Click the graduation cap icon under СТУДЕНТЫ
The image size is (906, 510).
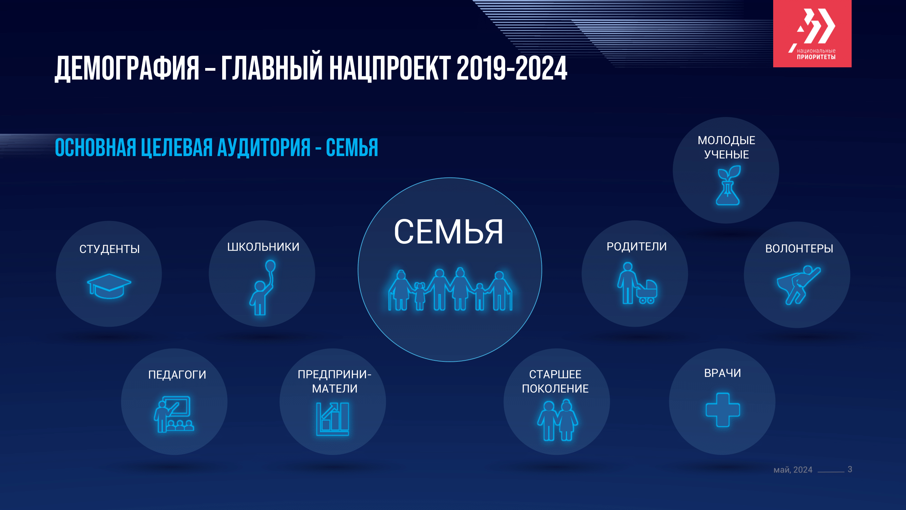109,286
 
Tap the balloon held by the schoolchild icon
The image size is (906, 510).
270,266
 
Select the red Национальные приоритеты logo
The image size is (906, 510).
812,33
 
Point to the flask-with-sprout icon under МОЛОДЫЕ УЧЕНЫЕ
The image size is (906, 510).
728,185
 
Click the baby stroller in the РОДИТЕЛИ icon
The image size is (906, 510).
647,291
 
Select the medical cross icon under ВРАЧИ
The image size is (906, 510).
723,410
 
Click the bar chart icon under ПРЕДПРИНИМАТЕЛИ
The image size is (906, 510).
332,419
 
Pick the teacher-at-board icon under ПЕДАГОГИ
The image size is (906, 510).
174,414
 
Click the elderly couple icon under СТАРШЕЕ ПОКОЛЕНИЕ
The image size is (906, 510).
557,420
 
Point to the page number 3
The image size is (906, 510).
850,469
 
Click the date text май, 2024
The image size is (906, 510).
793,470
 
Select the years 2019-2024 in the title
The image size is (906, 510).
512,68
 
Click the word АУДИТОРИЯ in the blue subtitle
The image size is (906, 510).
264,148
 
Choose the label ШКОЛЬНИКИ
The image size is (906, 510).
263,247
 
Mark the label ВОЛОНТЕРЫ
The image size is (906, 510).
799,249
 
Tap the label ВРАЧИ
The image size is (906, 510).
723,373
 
